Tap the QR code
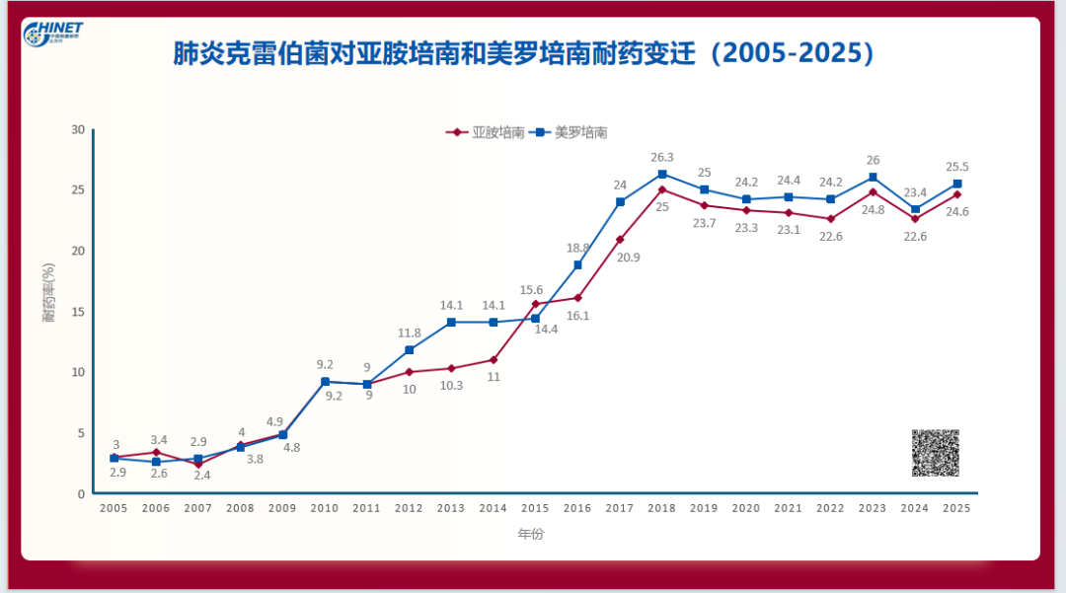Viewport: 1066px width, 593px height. point(935,453)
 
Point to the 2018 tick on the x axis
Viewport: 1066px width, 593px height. point(661,508)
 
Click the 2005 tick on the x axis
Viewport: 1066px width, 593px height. point(114,508)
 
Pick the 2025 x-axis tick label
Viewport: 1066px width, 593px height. point(956,508)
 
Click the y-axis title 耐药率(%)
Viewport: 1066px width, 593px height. point(48,295)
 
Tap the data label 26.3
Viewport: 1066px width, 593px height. point(662,158)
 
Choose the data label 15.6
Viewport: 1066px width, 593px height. point(531,289)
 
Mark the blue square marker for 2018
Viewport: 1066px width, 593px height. point(662,175)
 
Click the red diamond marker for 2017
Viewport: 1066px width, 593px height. point(620,240)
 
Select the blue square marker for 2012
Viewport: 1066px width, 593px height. point(409,350)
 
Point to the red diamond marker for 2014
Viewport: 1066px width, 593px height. point(494,359)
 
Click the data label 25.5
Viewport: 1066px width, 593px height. point(957,167)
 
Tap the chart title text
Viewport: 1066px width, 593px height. point(523,52)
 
